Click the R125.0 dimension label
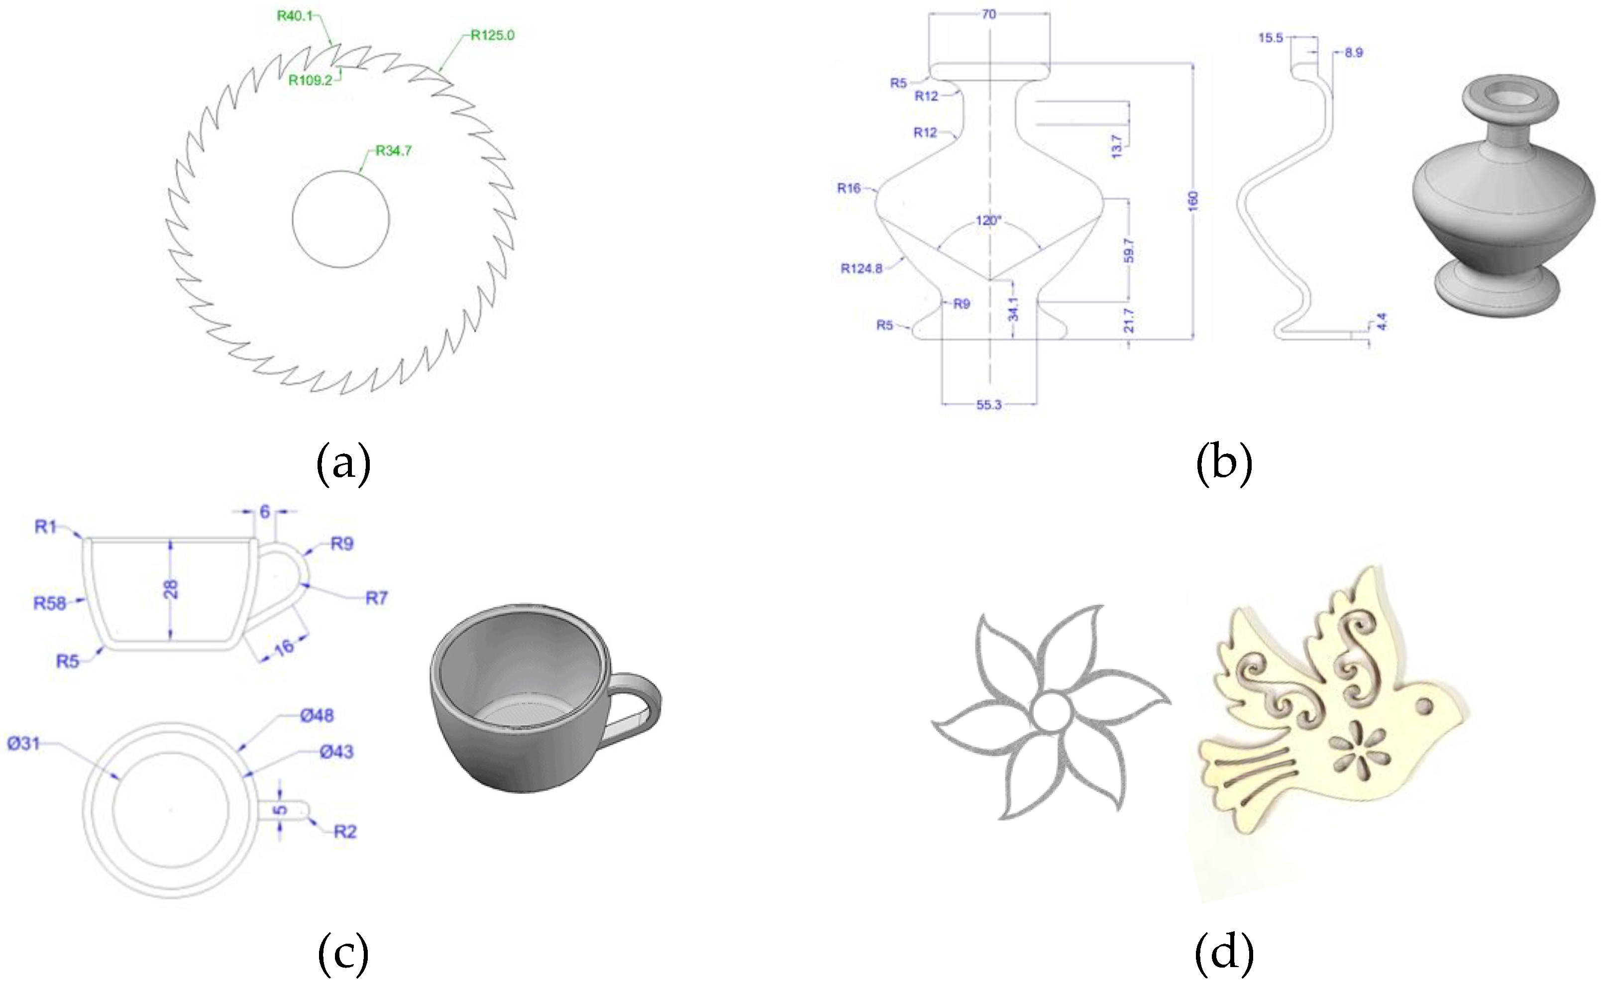(493, 35)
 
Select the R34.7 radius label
(394, 151)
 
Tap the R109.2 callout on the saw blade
(310, 80)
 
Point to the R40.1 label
(295, 15)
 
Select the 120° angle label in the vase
(988, 220)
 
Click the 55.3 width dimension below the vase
(989, 405)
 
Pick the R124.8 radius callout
(861, 268)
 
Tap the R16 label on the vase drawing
(849, 189)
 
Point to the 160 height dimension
(1193, 201)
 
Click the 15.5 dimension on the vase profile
(1270, 38)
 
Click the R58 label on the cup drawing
(50, 603)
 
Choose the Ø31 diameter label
(23, 744)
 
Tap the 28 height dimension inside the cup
(170, 589)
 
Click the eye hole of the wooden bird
(1424, 706)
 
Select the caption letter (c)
(343, 952)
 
